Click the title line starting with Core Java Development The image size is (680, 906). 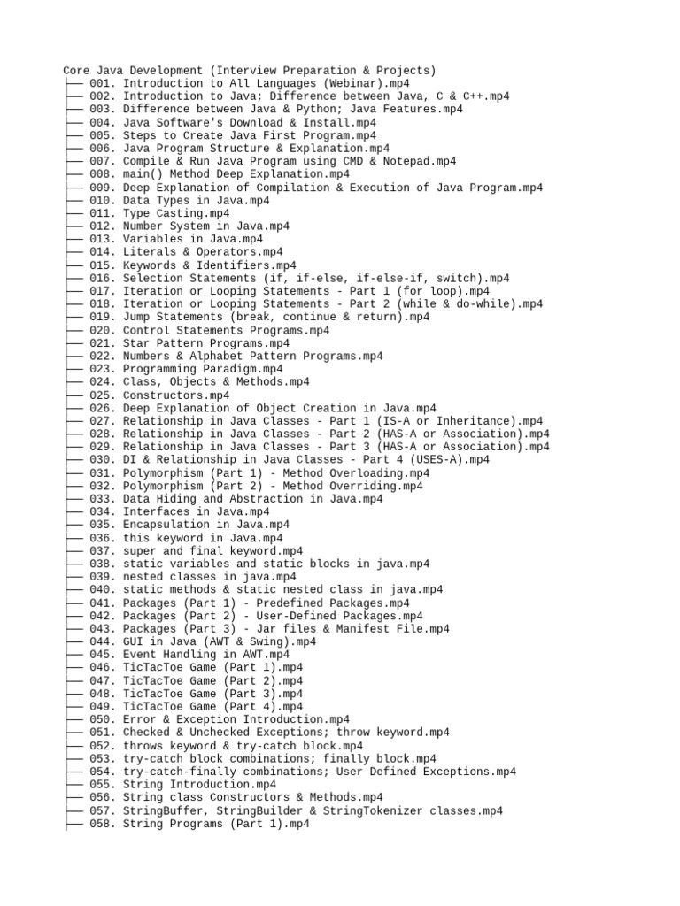click(250, 70)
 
